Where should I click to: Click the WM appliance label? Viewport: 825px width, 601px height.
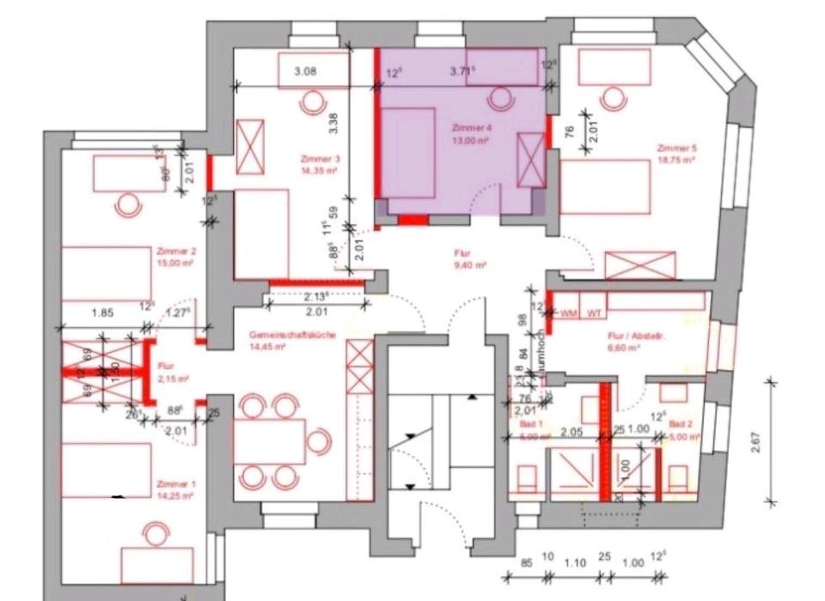point(567,313)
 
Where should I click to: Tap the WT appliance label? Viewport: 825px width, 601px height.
point(594,313)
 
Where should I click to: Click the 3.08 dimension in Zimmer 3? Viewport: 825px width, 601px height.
point(305,72)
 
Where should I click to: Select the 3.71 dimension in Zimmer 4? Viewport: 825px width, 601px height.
point(461,72)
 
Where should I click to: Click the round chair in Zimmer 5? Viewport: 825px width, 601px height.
point(612,100)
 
